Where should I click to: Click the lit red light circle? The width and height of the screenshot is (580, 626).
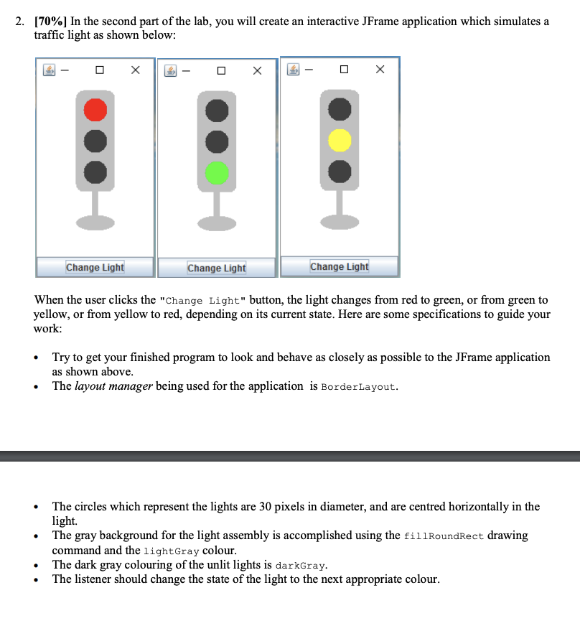click(x=95, y=110)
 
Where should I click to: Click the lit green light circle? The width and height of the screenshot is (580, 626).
click(x=217, y=173)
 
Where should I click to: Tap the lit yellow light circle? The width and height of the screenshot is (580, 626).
click(x=340, y=140)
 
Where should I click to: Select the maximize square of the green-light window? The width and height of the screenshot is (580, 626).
click(x=223, y=70)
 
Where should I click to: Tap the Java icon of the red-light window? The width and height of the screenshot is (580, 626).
click(x=50, y=70)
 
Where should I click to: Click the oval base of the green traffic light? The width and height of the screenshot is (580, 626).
click(x=217, y=224)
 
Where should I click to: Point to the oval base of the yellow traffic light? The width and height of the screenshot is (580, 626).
click(x=340, y=223)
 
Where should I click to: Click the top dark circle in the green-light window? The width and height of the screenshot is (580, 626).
click(x=217, y=111)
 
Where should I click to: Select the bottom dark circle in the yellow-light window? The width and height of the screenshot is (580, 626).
click(x=340, y=172)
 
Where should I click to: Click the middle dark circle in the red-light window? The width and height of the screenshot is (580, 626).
click(x=95, y=141)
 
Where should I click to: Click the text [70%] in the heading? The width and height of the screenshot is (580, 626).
click(x=50, y=22)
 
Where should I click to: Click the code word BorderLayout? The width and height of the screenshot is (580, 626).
click(x=358, y=387)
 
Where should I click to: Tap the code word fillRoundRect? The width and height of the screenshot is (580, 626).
click(x=444, y=536)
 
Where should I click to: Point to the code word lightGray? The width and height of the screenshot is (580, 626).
click(x=170, y=551)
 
